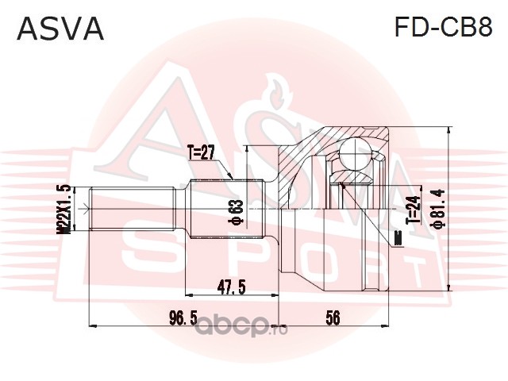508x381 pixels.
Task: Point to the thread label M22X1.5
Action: click(65, 208)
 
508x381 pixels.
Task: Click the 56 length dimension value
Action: click(333, 317)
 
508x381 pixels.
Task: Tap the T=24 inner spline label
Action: click(412, 210)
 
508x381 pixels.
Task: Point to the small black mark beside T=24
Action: click(397, 235)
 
